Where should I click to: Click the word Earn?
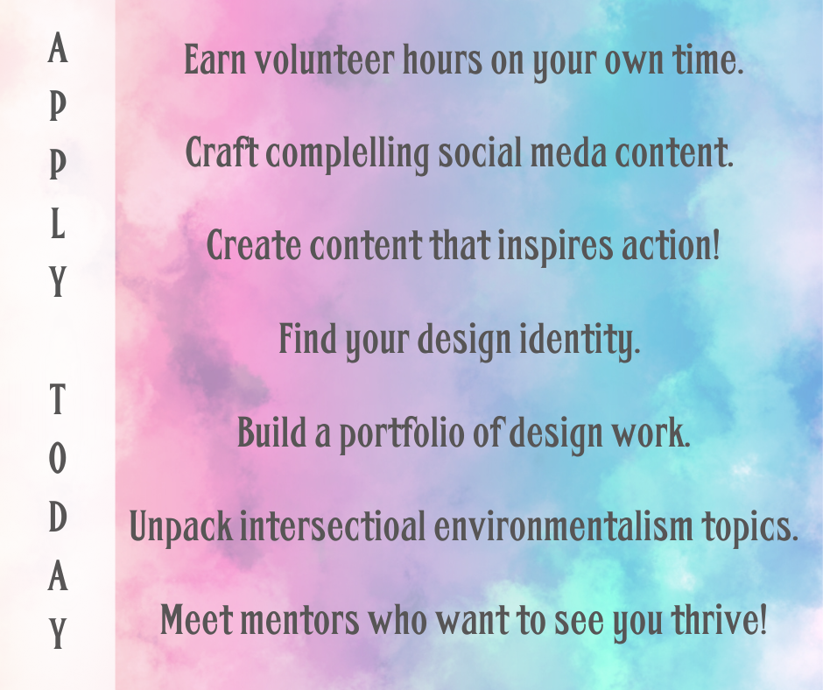(x=215, y=60)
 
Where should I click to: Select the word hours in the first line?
(x=442, y=60)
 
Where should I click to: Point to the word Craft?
(x=222, y=152)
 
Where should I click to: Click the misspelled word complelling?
(x=348, y=154)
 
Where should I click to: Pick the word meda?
(x=568, y=153)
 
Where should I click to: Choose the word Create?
(x=253, y=245)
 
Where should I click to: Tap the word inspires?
(x=555, y=247)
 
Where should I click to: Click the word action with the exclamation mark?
(x=671, y=245)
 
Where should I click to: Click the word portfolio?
(x=402, y=433)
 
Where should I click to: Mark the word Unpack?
(x=180, y=526)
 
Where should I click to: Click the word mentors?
(x=299, y=619)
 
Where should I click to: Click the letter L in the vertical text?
(x=58, y=226)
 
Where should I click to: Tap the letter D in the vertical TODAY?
(x=58, y=517)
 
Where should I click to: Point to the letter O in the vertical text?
(x=58, y=458)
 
